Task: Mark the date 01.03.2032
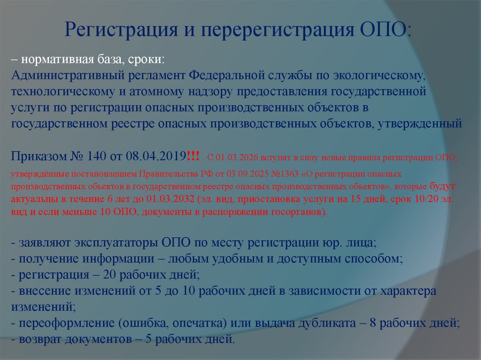156,199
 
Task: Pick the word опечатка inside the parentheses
203,323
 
